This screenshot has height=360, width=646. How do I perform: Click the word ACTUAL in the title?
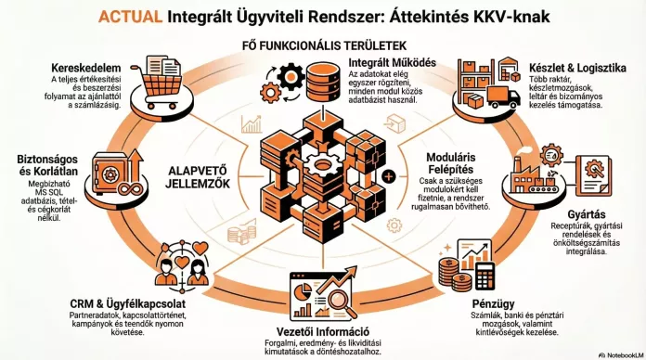point(130,17)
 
